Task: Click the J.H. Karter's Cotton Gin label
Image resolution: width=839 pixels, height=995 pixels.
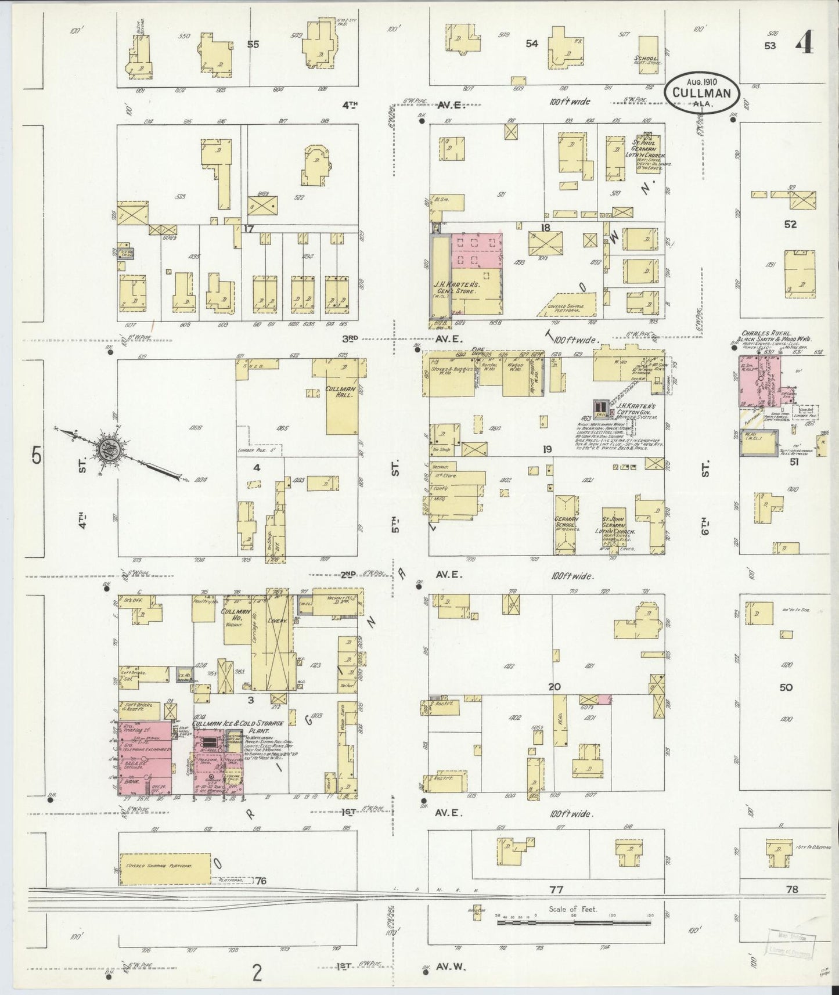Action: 636,410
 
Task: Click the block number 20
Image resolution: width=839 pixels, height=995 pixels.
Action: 554,687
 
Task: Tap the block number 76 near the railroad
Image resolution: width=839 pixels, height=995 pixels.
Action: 261,897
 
